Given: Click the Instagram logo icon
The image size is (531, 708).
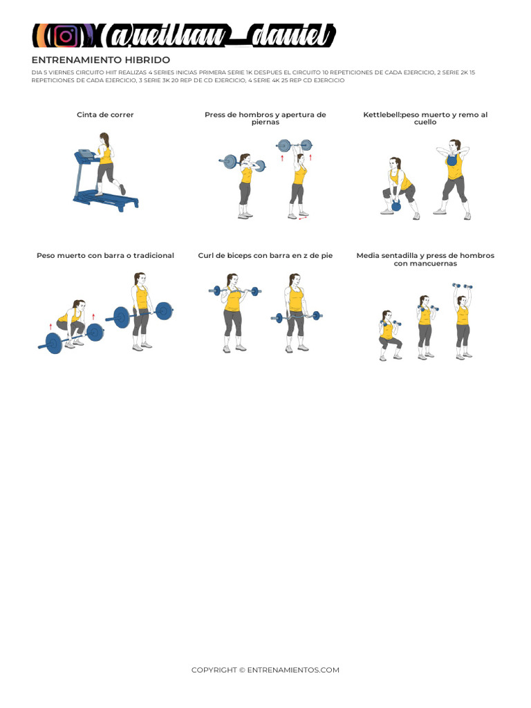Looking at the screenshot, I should tap(66, 36).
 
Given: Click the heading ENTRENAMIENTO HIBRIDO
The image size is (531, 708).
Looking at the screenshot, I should tap(100, 60).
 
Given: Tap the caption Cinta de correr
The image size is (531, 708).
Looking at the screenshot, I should tap(105, 115).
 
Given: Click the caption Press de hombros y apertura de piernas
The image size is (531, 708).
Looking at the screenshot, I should tap(265, 118).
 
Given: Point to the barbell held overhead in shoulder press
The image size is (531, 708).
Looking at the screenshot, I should tap(295, 145).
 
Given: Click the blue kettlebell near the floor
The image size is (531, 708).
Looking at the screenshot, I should tap(396, 205).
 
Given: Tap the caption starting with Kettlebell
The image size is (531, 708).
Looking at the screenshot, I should tap(425, 118).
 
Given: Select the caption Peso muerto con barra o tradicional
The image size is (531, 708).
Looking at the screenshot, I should tap(105, 256).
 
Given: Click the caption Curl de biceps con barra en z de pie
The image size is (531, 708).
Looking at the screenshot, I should tap(265, 256).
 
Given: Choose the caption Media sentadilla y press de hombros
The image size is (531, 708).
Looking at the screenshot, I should tap(425, 259).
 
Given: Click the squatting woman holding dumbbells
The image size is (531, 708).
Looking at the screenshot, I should tap(388, 335).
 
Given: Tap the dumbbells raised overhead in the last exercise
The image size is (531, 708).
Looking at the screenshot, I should tap(462, 286).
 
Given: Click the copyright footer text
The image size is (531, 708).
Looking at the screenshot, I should tap(265, 670).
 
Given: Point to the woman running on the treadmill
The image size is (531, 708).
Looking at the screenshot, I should tap(106, 163).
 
